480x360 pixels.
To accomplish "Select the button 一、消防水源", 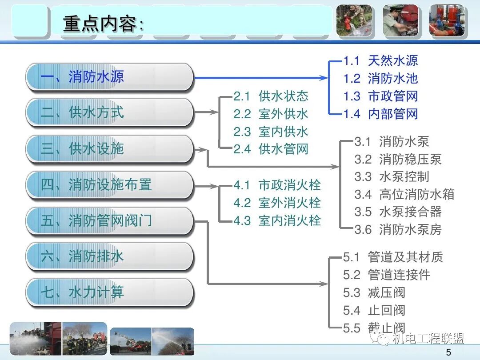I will [109, 77].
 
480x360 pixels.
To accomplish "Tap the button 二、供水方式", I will [109, 112].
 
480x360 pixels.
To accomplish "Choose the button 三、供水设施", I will [109, 148].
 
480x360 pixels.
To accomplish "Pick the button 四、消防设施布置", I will [109, 184].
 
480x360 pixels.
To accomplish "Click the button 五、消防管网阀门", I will [109, 220].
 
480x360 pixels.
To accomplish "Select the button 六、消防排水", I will [109, 256].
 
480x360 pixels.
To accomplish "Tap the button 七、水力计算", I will [109, 292].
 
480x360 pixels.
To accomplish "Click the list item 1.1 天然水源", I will [380, 61].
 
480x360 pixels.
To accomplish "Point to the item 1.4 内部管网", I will [380, 114].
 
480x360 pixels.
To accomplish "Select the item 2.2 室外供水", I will [271, 114].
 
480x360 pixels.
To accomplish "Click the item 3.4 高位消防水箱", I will [404, 194].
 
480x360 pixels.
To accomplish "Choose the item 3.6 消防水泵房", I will [398, 230].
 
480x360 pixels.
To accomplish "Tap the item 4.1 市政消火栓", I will [277, 185].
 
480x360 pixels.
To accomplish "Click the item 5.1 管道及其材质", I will [393, 257].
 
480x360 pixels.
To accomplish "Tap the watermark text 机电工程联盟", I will [428, 339].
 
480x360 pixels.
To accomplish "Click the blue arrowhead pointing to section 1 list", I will [324, 78].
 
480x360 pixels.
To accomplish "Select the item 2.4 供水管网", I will [271, 149].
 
